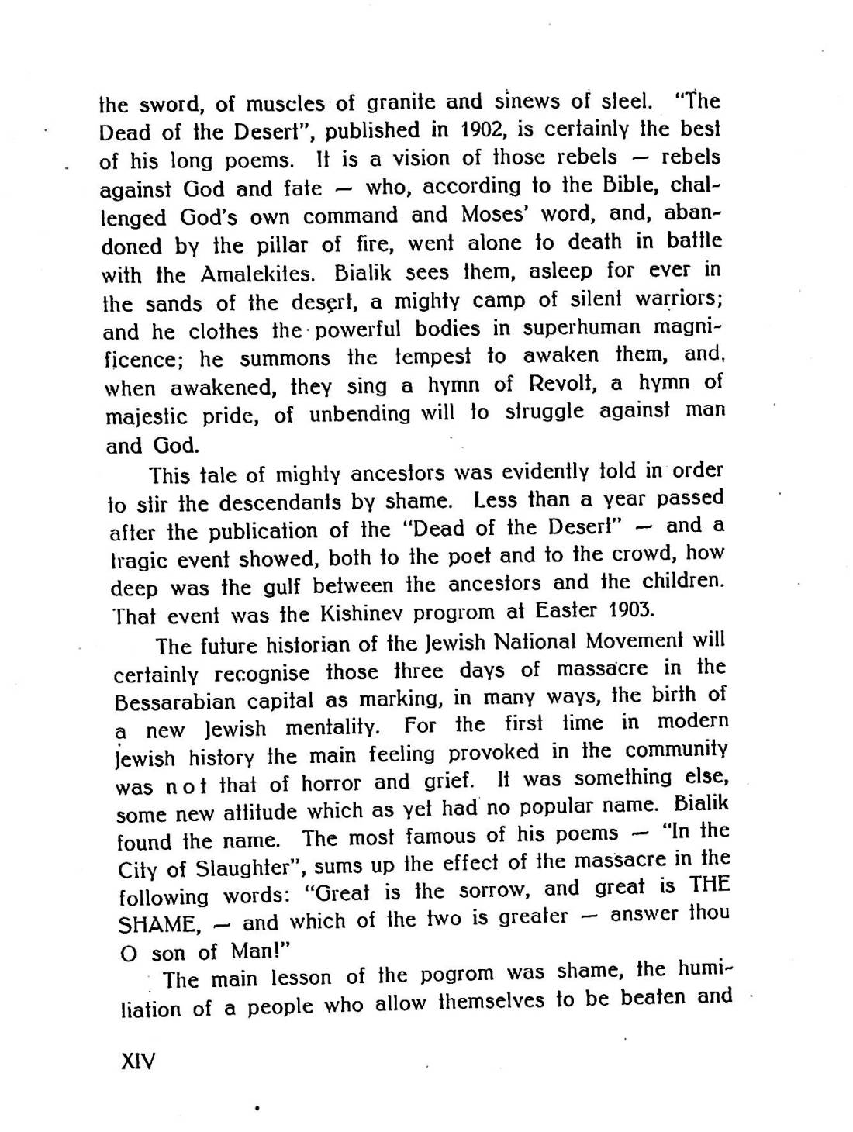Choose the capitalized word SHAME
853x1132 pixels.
coord(154,925)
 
